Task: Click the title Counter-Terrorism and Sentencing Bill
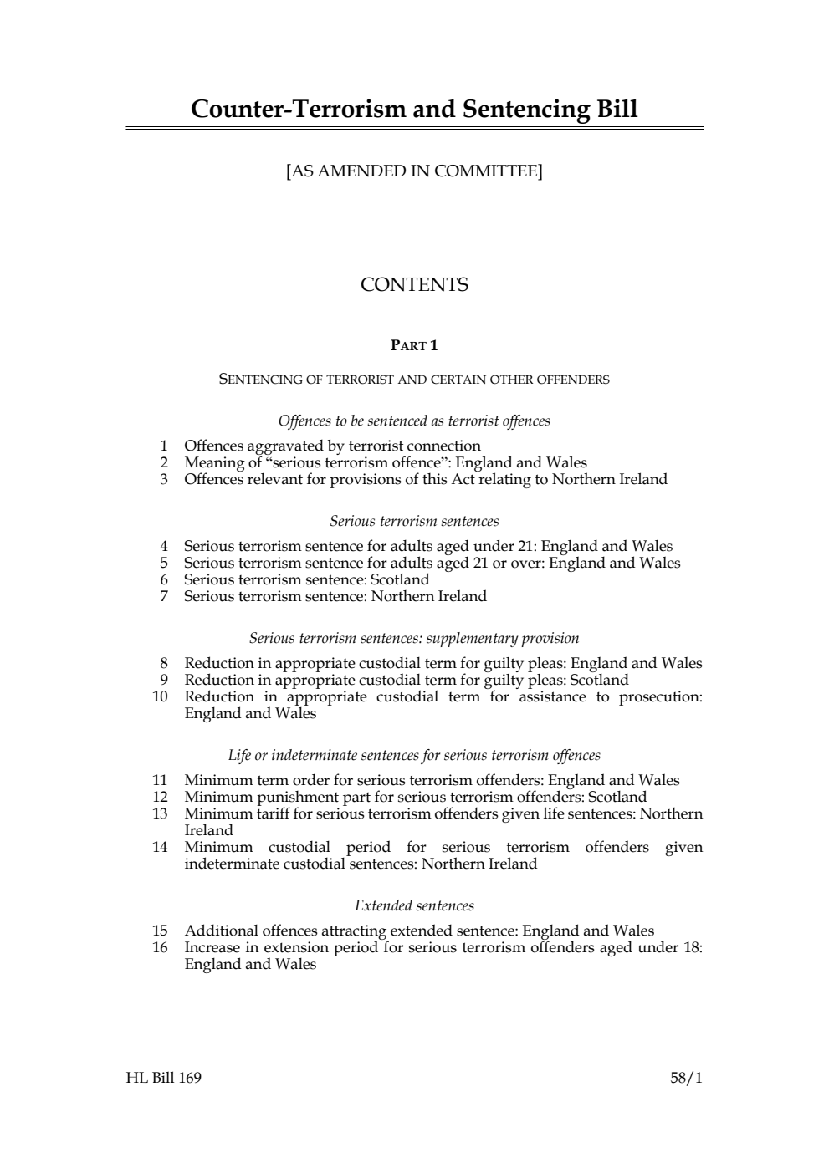[414, 110]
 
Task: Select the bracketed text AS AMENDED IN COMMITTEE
[414, 171]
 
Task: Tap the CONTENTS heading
[414, 285]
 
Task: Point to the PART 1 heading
[414, 345]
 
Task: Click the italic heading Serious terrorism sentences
[414, 522]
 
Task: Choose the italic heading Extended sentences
[414, 906]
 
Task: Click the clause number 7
[164, 597]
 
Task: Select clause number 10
[160, 697]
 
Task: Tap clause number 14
[160, 848]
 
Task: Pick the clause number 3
[164, 480]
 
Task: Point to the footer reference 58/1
[686, 1078]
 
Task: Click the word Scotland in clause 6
[400, 580]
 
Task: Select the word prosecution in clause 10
[660, 697]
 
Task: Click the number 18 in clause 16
[692, 948]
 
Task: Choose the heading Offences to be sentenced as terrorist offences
[414, 421]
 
